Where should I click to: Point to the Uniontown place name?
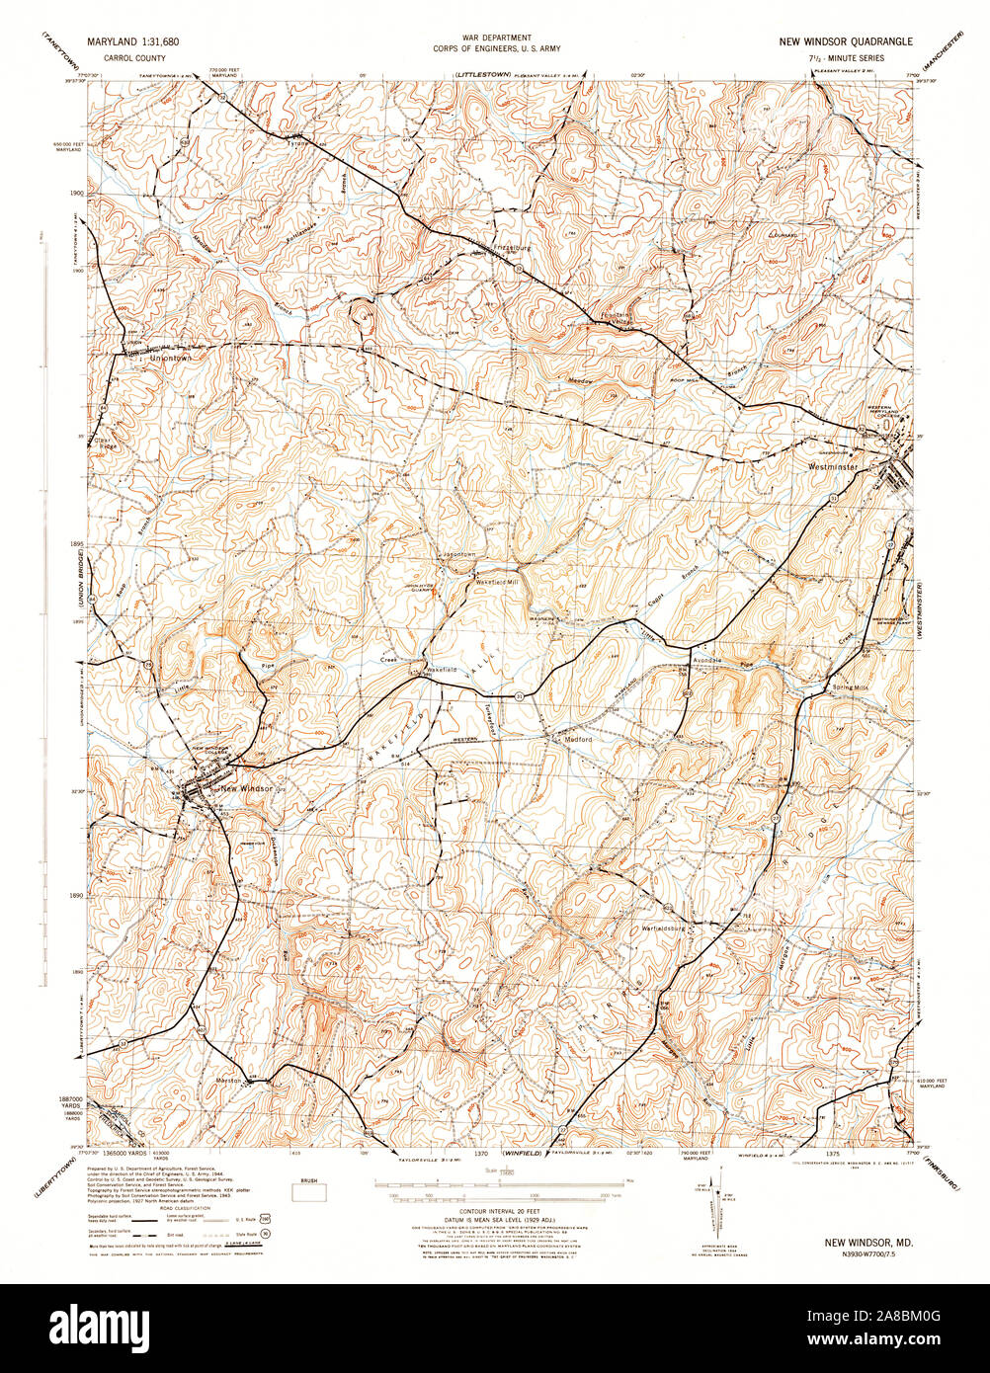point(169,359)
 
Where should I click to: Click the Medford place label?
point(578,738)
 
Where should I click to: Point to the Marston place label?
point(229,1081)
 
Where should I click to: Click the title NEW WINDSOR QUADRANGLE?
point(846,42)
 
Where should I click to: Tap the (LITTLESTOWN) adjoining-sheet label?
point(480,74)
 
